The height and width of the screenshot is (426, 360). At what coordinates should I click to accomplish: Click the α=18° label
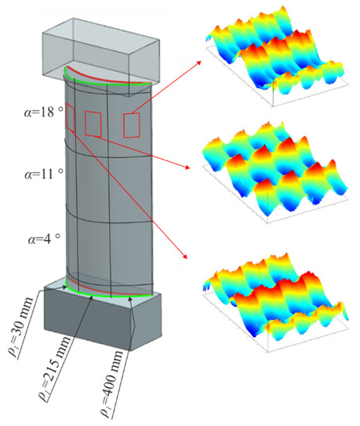coord(43,112)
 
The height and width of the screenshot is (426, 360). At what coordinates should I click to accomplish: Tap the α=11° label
coord(43,173)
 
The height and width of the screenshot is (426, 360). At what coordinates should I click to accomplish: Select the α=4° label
coord(43,239)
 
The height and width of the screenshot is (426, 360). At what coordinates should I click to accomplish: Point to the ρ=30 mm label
coord(21,328)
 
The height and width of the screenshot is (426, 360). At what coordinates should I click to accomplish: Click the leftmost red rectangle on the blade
coord(70,119)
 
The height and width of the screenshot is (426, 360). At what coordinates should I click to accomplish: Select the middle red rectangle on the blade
coord(93,124)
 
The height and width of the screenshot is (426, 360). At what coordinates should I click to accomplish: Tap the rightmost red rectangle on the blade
coord(132,125)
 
